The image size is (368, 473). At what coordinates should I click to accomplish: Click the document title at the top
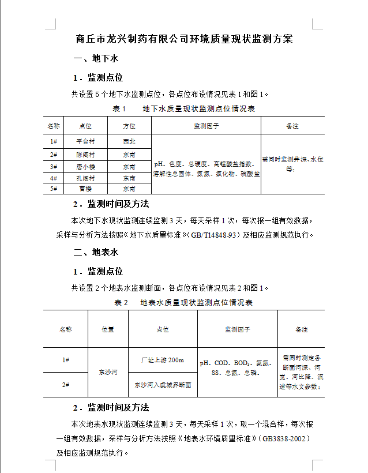click(x=185, y=39)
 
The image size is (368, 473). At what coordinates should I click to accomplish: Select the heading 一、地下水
click(x=96, y=59)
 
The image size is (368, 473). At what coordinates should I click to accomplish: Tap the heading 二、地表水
click(x=96, y=252)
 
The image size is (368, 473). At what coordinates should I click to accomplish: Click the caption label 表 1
click(x=119, y=108)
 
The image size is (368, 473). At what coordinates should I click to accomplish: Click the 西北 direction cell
click(x=129, y=141)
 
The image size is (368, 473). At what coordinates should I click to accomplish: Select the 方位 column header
click(x=129, y=126)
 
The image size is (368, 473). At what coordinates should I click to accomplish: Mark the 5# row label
click(x=54, y=189)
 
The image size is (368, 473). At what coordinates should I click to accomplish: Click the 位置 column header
click(x=108, y=329)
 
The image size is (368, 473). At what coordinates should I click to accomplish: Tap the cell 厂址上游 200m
click(x=163, y=360)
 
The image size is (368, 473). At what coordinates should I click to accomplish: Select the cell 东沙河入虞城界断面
click(x=163, y=384)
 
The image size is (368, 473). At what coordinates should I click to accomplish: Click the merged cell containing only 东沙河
click(x=108, y=372)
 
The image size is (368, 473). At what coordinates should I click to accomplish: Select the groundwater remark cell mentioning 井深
click(x=292, y=164)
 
